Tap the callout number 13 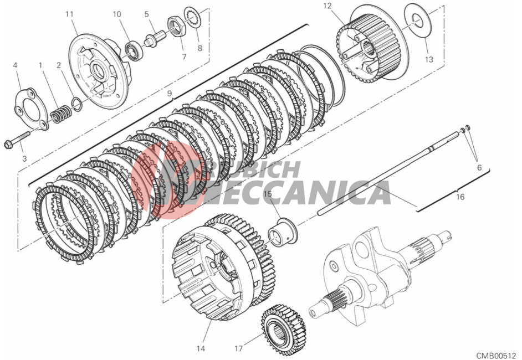pos(429,59)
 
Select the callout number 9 pos(170,93)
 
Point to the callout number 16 pos(460,197)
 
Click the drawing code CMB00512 pos(495,354)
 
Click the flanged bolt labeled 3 pos(17,140)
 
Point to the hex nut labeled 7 pos(176,25)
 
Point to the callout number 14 pos(201,349)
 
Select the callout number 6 pos(479,168)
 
